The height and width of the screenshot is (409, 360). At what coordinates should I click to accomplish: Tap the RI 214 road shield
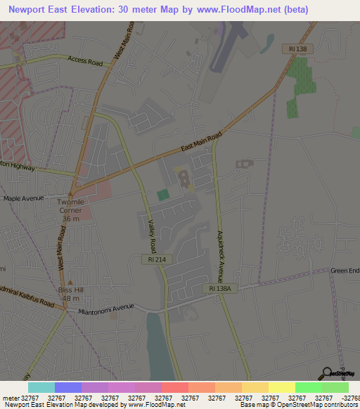[156, 259]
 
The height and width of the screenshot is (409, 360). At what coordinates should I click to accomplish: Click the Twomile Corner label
[70, 209]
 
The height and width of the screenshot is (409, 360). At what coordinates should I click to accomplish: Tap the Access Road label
[85, 61]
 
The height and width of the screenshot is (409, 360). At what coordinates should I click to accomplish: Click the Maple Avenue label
[25, 199]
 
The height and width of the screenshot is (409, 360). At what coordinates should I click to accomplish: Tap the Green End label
[345, 271]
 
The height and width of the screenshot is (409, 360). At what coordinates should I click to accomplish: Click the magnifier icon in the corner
[327, 374]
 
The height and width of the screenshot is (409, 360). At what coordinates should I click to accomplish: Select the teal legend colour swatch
[41, 387]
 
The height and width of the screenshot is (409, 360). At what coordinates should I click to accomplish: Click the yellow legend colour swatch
[281, 387]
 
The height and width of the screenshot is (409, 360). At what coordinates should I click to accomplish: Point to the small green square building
[163, 195]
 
